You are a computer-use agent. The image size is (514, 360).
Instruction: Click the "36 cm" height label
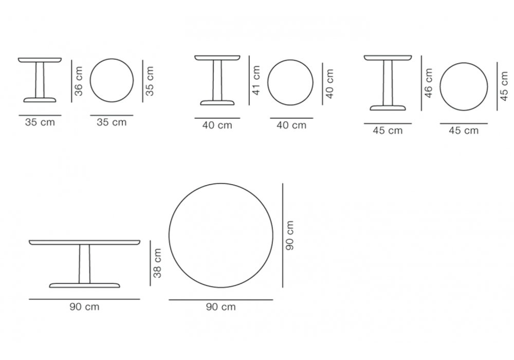[x=79, y=81]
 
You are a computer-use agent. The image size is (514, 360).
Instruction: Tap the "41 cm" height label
[x=256, y=80]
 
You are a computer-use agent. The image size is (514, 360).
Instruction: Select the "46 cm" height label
[x=429, y=83]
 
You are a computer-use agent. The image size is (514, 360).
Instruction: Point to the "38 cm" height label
[x=158, y=263]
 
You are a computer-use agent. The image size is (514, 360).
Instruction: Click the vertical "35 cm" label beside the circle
[x=150, y=81]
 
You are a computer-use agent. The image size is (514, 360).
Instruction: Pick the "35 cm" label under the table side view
[x=40, y=122]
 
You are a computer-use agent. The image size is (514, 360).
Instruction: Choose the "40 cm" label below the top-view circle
[x=291, y=125]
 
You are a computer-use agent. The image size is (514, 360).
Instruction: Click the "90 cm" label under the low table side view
[x=84, y=307]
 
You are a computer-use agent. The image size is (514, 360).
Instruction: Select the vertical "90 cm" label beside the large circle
[x=290, y=236]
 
